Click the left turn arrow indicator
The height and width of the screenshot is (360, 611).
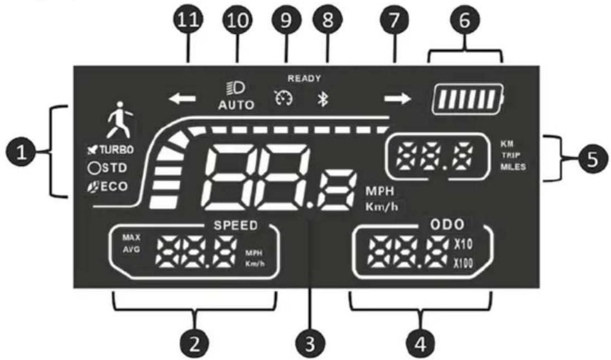pyautogui.click(x=182, y=99)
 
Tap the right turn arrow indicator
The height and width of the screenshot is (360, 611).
pyautogui.click(x=398, y=99)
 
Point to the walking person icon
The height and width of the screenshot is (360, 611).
pyautogui.click(x=119, y=120)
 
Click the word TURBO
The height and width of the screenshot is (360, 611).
pyautogui.click(x=116, y=150)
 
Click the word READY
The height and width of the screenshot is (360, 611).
pyautogui.click(x=304, y=78)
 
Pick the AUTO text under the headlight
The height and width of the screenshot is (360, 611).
pyautogui.click(x=236, y=105)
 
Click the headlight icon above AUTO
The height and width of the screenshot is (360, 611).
pyautogui.click(x=236, y=88)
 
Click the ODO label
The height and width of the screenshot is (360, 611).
pyautogui.click(x=448, y=224)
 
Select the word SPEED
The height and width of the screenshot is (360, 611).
pyautogui.click(x=235, y=225)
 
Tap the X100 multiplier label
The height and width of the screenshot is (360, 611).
pyautogui.click(x=463, y=263)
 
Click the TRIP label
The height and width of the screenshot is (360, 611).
pyautogui.click(x=511, y=155)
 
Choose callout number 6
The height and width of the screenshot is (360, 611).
pyautogui.click(x=465, y=20)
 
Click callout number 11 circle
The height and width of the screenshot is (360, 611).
pyautogui.click(x=188, y=20)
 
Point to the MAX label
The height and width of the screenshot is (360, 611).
pyautogui.click(x=131, y=237)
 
